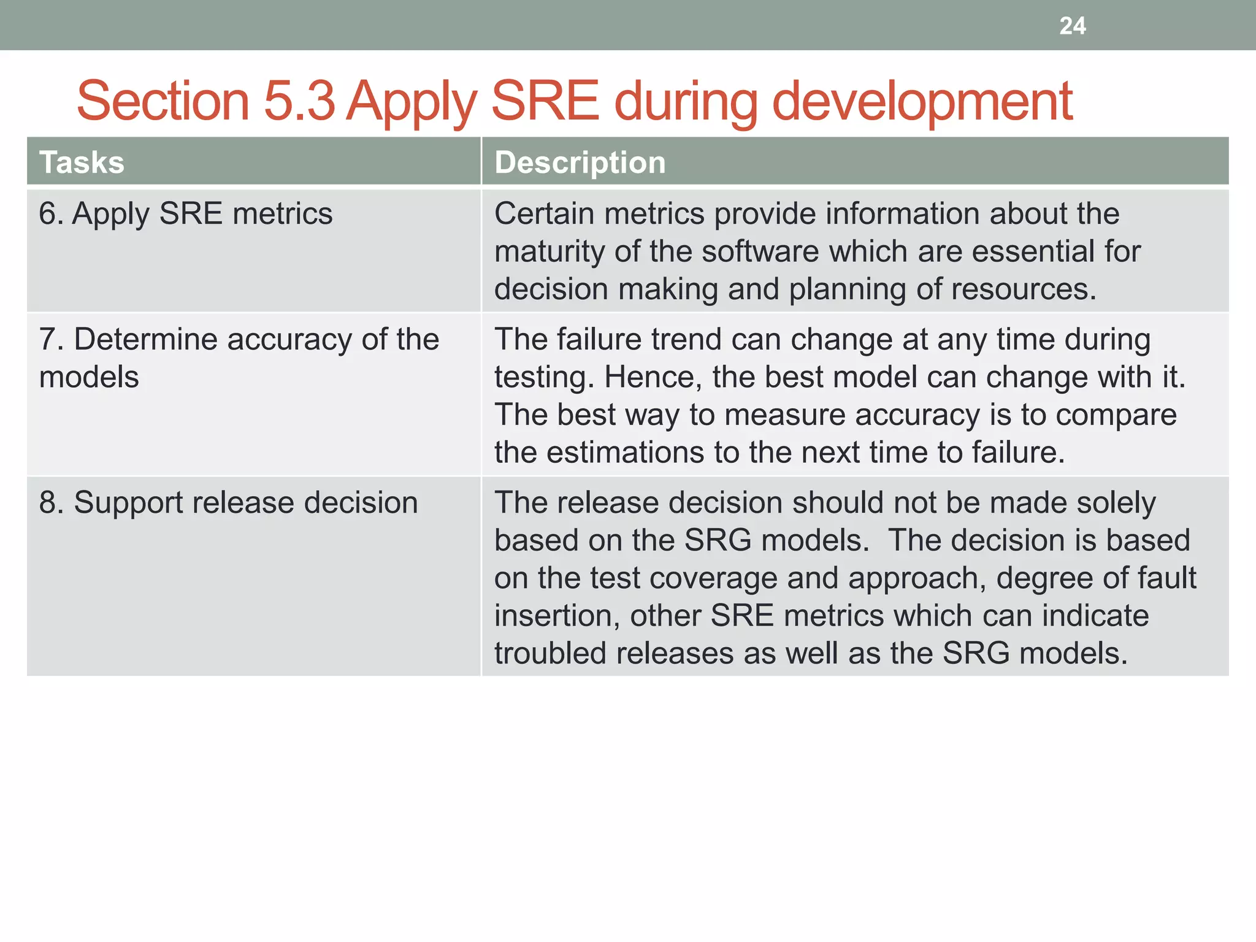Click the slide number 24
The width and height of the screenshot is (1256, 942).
pyautogui.click(x=1072, y=26)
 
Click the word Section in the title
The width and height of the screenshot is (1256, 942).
pyautogui.click(x=163, y=101)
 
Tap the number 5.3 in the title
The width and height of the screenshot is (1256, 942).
pyautogui.click(x=299, y=101)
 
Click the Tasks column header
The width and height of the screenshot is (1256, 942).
pyautogui.click(x=82, y=163)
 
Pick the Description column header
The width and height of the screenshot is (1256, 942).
pyautogui.click(x=580, y=163)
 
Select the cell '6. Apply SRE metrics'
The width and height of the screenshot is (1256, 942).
pyautogui.click(x=185, y=214)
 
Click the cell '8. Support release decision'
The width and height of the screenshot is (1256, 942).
pyautogui.click(x=228, y=503)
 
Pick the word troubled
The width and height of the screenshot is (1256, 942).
pyautogui.click(x=550, y=654)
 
